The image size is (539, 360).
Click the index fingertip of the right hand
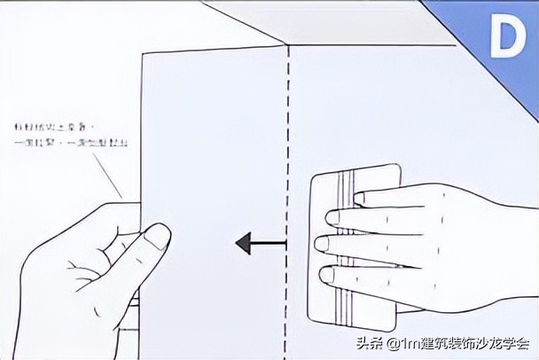[333, 217]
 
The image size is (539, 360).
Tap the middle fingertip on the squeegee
[323, 244]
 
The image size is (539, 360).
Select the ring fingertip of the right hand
[328, 273]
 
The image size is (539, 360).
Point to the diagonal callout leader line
[113, 176]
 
